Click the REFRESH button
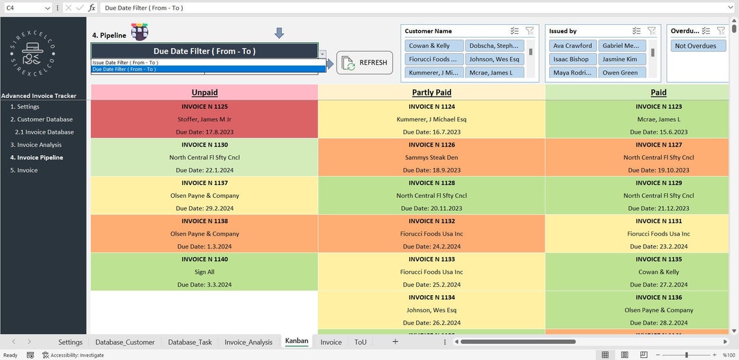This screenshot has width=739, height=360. coord(364,63)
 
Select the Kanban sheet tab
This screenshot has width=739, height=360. coord(296,341)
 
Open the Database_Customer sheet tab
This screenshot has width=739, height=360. coord(124,342)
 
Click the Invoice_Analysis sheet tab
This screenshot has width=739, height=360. coord(248,342)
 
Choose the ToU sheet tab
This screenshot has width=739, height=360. coord(360,342)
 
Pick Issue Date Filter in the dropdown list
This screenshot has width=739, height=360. coord(125,62)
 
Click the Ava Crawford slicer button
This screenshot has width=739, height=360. coord(572,46)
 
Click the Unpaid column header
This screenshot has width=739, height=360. coord(205,93)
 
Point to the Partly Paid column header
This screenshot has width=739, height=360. coord(432,93)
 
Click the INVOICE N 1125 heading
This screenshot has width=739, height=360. coord(205,106)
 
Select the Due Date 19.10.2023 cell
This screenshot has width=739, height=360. coord(659,170)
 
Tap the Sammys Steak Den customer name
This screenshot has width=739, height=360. coord(432,158)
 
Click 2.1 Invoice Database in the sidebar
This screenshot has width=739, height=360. coord(45,132)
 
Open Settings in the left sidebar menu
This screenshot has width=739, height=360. coord(28,107)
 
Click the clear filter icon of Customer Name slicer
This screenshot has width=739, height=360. coord(529,31)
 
